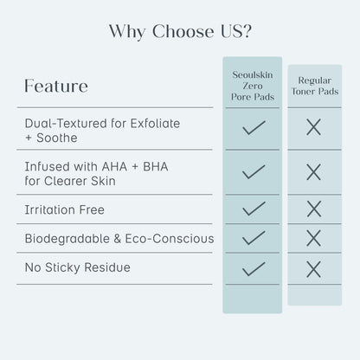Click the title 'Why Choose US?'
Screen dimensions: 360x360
click(x=180, y=31)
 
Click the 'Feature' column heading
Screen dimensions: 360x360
click(x=56, y=86)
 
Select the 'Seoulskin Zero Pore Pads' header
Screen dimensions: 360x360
click(x=253, y=86)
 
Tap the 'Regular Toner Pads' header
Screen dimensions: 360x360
click(x=315, y=86)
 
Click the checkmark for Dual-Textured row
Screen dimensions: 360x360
click(x=254, y=128)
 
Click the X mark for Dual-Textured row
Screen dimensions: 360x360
click(x=313, y=127)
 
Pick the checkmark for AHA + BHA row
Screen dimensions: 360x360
click(x=254, y=172)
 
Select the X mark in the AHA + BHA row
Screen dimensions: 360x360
click(x=313, y=172)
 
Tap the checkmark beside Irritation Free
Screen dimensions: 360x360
click(x=254, y=209)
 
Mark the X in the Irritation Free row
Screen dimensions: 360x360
click(x=314, y=209)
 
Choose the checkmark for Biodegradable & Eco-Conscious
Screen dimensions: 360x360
click(x=254, y=238)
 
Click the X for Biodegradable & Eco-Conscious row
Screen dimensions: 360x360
click(x=313, y=238)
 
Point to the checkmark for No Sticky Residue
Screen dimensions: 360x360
click(x=254, y=269)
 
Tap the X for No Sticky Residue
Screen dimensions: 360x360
click(x=313, y=269)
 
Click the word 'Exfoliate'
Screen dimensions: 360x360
click(x=155, y=124)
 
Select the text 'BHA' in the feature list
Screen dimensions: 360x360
click(x=156, y=167)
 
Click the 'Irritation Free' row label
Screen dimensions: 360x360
click(x=64, y=209)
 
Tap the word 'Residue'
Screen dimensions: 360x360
click(x=107, y=267)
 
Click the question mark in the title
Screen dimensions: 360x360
click(x=247, y=31)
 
